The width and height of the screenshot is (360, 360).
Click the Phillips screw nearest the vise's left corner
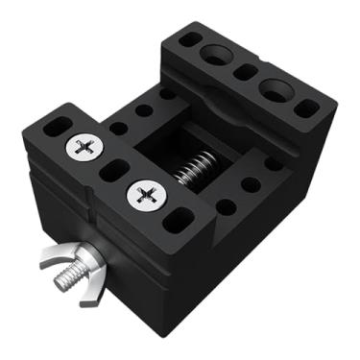pos(84,147)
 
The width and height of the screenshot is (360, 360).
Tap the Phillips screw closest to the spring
pos(146,196)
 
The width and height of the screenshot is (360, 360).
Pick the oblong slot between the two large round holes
pos(245,72)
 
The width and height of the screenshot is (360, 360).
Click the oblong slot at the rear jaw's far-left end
pos(190,40)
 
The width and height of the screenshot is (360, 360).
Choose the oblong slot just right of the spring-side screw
pos(177,220)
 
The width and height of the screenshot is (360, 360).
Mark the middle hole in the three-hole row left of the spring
pos(143,110)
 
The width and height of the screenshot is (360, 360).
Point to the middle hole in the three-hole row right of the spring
pos(251,183)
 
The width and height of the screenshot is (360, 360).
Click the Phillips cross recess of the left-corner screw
pos(84,147)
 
